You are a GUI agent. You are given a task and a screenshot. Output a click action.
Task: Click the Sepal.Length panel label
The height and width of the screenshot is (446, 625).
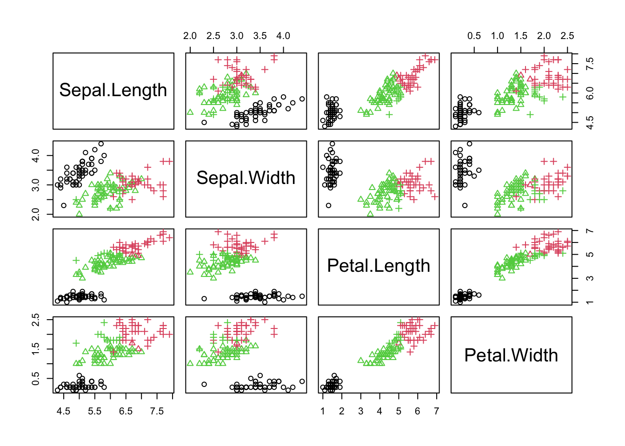pyautogui.click(x=113, y=90)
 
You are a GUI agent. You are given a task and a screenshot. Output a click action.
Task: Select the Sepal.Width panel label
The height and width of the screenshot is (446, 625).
pyautogui.click(x=246, y=178)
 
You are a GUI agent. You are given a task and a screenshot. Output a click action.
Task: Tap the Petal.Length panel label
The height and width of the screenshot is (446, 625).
pyautogui.click(x=379, y=266)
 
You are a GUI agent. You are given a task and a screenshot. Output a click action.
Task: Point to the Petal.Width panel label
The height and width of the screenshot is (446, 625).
pyautogui.click(x=511, y=355)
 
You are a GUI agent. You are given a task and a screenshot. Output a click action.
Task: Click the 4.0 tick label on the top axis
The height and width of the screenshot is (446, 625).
pyautogui.click(x=283, y=36)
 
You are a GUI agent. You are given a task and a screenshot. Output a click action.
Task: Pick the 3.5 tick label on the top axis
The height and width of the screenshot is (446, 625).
pyautogui.click(x=260, y=36)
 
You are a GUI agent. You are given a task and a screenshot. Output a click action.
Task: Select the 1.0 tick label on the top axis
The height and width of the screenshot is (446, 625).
pyautogui.click(x=498, y=36)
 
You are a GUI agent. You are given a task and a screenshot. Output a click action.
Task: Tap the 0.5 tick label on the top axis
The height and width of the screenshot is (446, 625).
pyautogui.click(x=474, y=36)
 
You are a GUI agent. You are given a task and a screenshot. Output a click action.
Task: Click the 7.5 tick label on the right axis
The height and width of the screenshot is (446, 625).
pyautogui.click(x=590, y=64)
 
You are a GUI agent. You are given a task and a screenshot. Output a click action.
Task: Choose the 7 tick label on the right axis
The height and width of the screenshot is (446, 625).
pyautogui.click(x=590, y=231)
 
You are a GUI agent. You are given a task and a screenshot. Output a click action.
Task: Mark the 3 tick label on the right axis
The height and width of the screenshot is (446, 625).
pyautogui.click(x=590, y=278)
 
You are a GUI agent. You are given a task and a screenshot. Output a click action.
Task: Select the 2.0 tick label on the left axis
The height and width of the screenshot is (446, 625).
pyautogui.click(x=36, y=214)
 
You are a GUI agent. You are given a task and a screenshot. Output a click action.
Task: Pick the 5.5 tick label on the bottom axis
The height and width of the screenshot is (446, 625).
pyautogui.click(x=94, y=411)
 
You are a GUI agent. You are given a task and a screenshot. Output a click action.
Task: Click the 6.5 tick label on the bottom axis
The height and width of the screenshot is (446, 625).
pyautogui.click(x=126, y=411)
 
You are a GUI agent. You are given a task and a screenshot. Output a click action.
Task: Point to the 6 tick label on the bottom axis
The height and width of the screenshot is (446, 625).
pyautogui.click(x=417, y=411)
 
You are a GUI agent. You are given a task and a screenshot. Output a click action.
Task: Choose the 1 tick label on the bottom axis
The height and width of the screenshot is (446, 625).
pyautogui.click(x=323, y=411)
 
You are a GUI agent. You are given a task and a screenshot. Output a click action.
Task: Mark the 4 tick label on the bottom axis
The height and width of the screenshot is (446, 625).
pyautogui.click(x=379, y=411)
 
